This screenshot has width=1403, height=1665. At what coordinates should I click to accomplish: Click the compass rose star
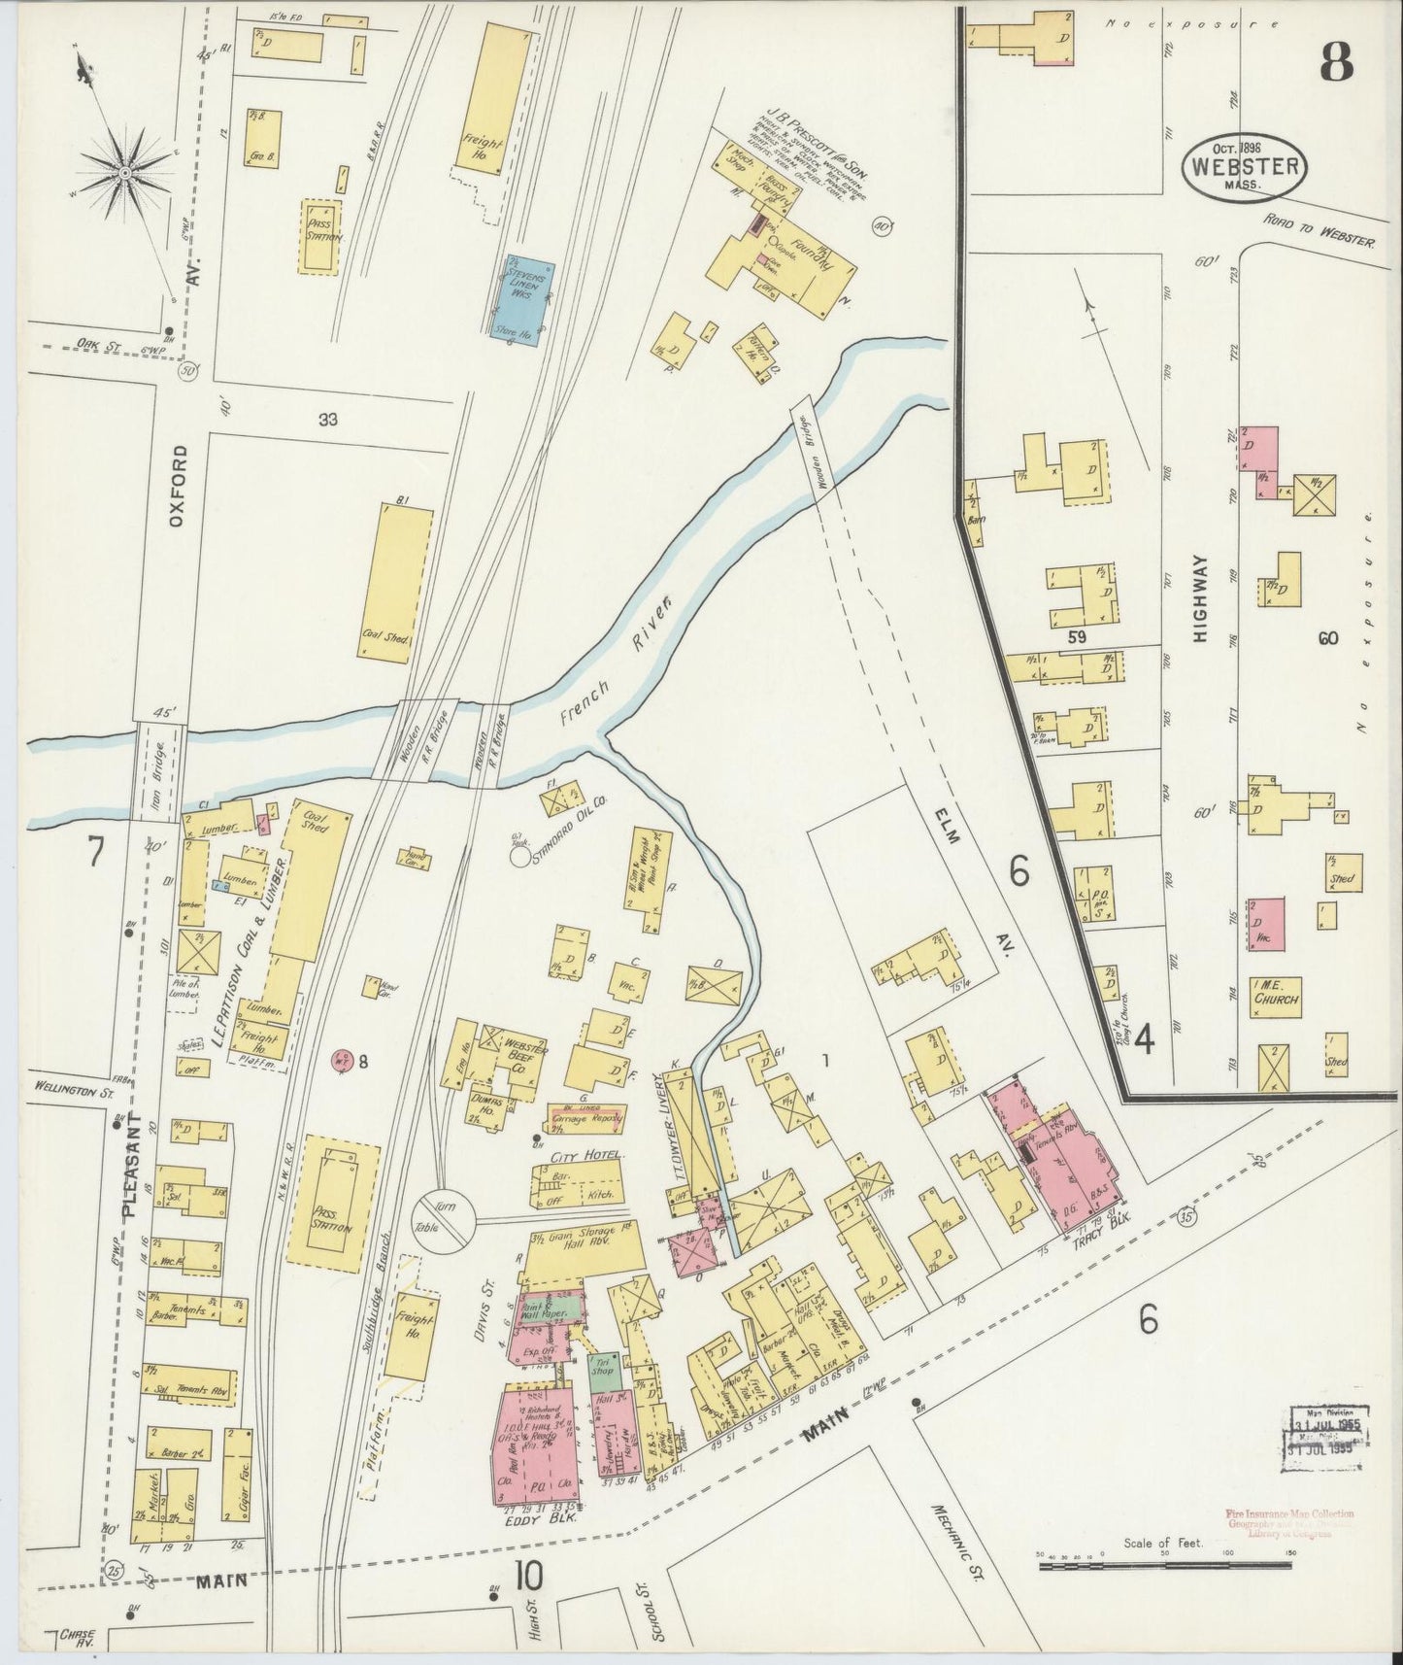tap(125, 172)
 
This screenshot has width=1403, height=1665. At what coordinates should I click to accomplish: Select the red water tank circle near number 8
tap(340, 1059)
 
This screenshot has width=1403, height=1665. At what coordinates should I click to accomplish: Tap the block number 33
tap(327, 420)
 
